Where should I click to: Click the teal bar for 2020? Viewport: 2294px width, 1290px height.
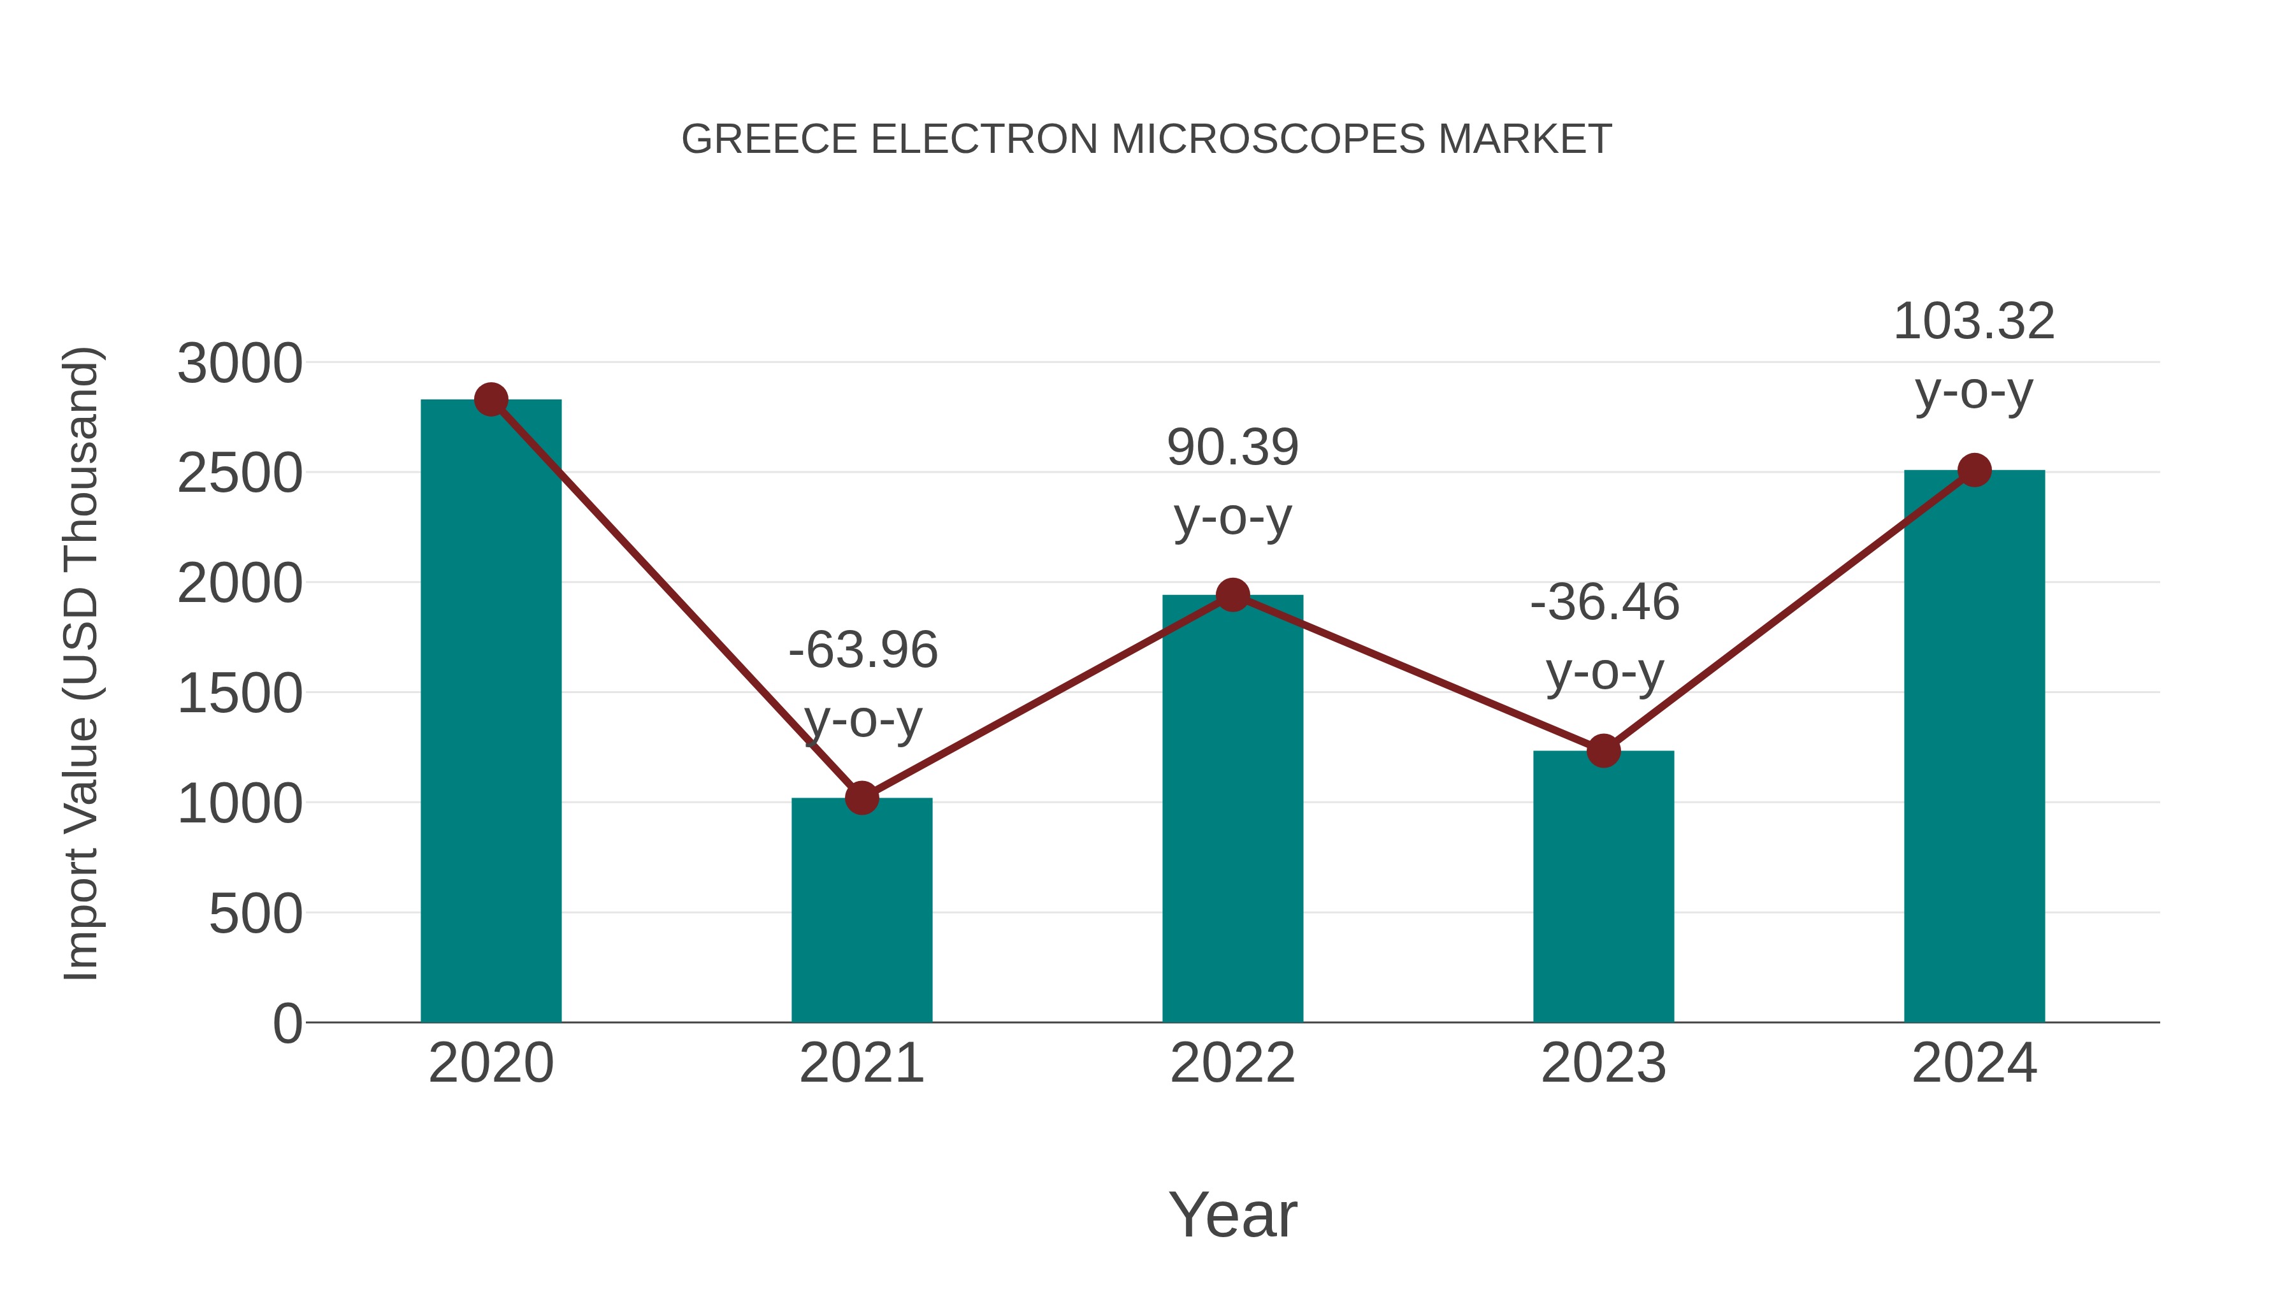(491, 712)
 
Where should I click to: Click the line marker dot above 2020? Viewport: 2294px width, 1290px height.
(491, 399)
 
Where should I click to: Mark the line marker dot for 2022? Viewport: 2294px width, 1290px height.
(1232, 595)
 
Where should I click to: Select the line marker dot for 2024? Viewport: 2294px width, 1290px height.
(1974, 470)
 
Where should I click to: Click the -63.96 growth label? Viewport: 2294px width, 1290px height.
(863, 650)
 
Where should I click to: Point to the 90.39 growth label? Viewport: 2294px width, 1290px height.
(1232, 448)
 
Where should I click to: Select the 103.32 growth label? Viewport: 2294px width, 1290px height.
(1973, 322)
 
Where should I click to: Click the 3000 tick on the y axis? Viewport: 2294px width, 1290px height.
(240, 364)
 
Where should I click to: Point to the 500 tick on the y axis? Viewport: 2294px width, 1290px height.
(255, 914)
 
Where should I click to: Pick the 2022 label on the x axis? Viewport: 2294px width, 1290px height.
(1232, 1063)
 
